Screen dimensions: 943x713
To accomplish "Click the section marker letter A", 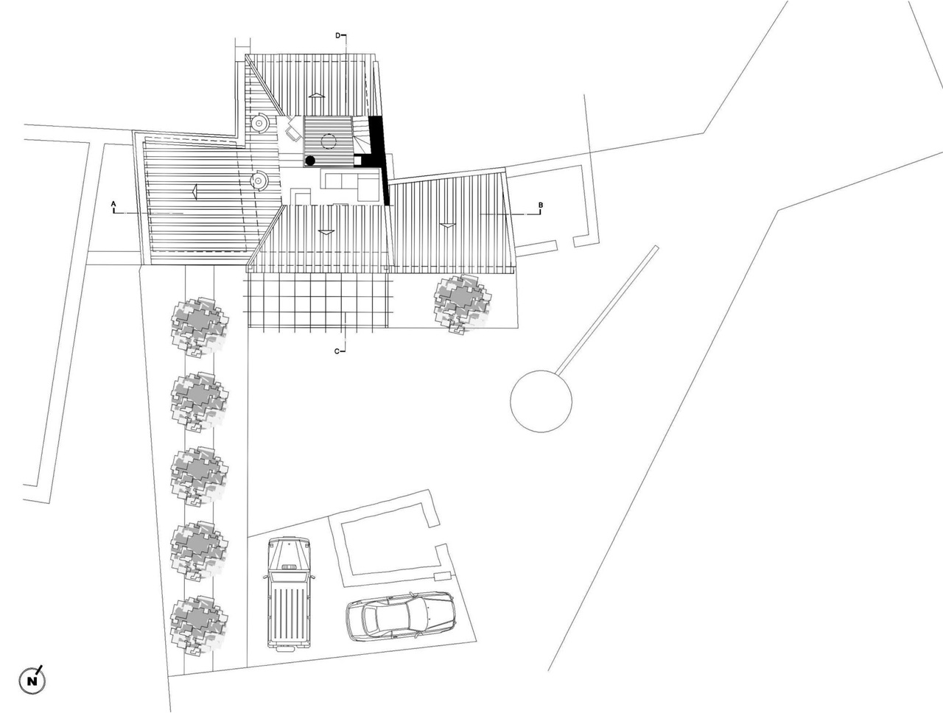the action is [113, 203].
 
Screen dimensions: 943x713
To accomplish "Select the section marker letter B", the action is [541, 205].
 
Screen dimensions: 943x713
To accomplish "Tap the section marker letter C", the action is [337, 351].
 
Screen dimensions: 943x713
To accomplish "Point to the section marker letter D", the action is [337, 35].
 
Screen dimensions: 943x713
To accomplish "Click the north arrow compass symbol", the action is [32, 681].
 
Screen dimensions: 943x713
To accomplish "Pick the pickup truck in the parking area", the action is [289, 592].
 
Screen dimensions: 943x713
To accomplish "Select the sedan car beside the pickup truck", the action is [400, 617].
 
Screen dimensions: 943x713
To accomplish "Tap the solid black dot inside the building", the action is [310, 161].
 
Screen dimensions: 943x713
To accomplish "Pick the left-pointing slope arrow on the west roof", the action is [195, 192].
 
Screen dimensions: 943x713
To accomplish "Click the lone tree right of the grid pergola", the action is [462, 304].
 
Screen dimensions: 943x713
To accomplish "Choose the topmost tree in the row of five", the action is [200, 326].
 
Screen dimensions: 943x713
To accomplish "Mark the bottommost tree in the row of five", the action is [199, 625].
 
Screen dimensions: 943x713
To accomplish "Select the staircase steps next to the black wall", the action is [361, 135].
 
